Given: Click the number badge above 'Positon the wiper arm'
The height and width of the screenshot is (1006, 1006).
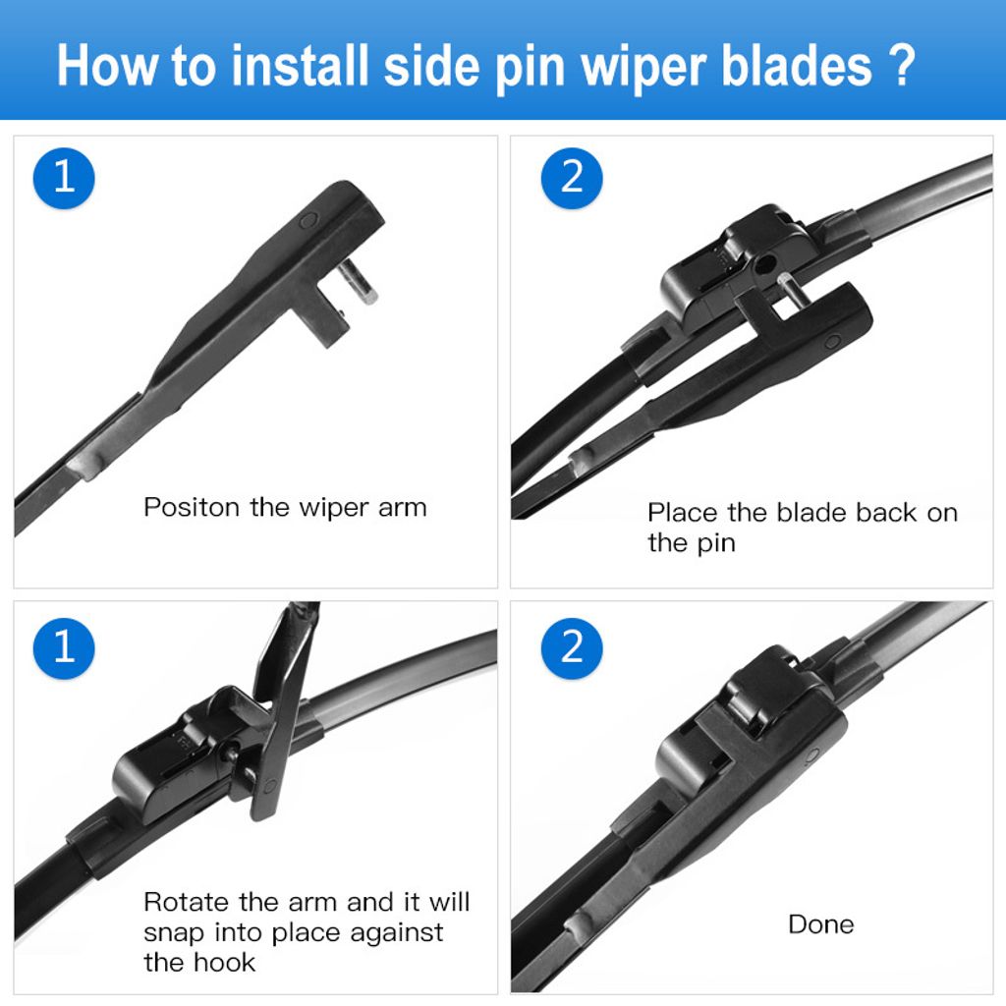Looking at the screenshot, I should point(64,178).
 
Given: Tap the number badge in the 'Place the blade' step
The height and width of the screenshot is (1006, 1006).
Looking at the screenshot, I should point(572,178).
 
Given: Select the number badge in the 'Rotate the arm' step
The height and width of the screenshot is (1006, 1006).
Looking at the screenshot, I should point(64,647).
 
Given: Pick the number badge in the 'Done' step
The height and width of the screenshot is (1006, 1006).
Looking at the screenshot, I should point(572,647).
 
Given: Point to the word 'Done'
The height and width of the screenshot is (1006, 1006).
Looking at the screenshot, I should point(820,924).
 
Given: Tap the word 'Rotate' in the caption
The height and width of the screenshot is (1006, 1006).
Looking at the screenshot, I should point(188,902).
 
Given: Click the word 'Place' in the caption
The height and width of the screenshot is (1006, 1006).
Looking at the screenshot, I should point(683,513).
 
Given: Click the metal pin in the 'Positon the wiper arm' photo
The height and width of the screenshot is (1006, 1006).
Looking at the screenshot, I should point(362,286).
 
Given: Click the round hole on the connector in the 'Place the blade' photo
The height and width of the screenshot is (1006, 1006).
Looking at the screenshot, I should point(763,264).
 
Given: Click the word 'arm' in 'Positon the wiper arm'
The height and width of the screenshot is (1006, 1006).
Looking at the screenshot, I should point(403,508).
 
